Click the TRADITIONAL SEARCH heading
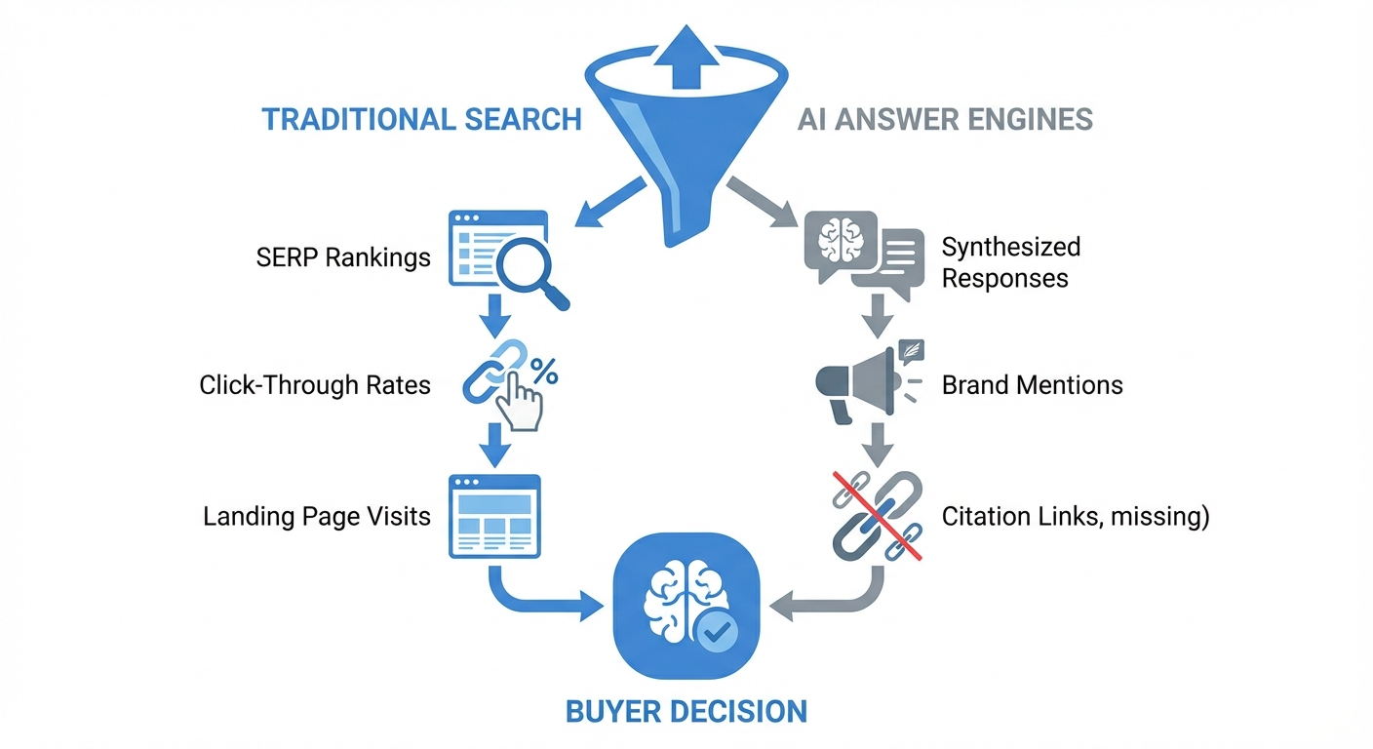coord(421,119)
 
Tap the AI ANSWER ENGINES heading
coord(945,119)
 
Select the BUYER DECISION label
coord(686,710)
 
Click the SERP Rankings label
coord(343,257)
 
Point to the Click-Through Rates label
coord(315,384)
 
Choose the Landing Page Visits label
coord(317,515)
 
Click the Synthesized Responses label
coord(1010,261)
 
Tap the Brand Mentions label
coord(1032,385)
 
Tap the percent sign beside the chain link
coord(543,372)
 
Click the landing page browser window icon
coord(494,516)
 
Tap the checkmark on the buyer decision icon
coord(717,633)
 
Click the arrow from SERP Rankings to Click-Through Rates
coord(494,316)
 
